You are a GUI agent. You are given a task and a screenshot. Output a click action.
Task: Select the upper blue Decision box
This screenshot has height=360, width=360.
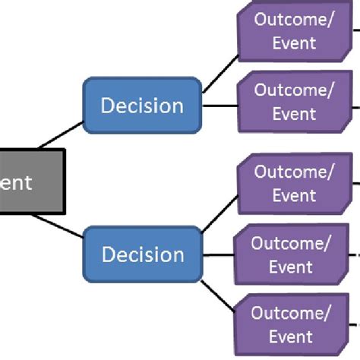[x=143, y=106]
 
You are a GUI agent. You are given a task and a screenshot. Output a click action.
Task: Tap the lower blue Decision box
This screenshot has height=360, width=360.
[x=143, y=254]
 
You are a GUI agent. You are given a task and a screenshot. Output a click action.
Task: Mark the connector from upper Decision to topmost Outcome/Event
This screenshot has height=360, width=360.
[x=220, y=74]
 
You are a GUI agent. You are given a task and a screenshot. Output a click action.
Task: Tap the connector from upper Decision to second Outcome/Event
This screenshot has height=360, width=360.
[x=220, y=106]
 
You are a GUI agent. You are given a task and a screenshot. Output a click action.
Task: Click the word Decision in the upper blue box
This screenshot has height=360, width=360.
[x=143, y=106]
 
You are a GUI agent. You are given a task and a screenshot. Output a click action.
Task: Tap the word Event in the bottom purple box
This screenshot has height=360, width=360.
[x=292, y=337]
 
